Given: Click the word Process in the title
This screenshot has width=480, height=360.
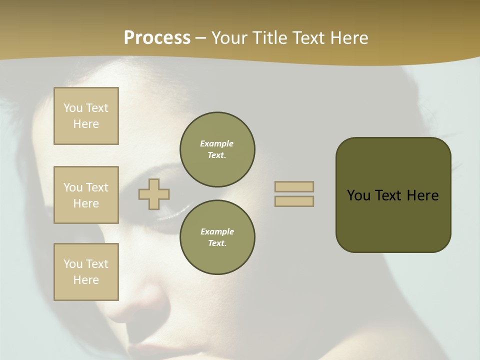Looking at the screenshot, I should [157, 38].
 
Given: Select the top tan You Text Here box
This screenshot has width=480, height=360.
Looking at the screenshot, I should [86, 116].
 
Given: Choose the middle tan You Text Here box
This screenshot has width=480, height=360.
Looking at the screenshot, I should [86, 195].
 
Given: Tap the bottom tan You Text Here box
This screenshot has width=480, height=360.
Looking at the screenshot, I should [86, 271].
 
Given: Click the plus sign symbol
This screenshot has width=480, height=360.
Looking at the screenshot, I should [154, 194].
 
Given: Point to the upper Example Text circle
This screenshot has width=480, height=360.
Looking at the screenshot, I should [217, 149].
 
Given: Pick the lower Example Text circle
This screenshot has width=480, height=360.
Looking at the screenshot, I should [217, 237].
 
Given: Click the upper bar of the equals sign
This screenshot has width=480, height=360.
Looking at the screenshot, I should [294, 186].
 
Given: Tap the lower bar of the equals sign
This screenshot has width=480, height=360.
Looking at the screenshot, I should [294, 201].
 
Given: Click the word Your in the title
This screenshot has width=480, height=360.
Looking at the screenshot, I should [228, 38].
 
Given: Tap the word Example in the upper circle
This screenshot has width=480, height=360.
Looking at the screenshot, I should [217, 143].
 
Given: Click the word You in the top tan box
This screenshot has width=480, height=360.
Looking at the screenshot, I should [73, 108].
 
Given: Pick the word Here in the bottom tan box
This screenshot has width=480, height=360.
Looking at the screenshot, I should [86, 280].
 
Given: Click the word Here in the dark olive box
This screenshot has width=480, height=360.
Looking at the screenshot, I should [422, 195].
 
